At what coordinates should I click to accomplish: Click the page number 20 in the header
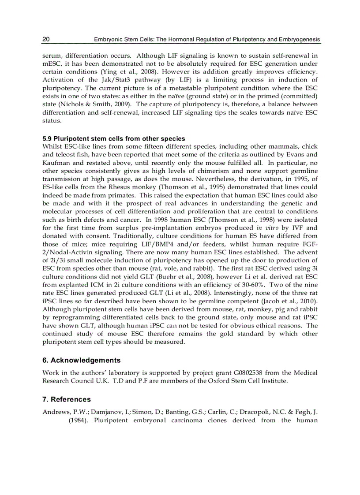[46, 40]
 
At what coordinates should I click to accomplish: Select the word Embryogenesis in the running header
[299, 40]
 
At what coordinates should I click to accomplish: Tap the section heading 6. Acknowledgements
[81, 360]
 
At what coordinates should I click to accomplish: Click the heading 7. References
[67, 399]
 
